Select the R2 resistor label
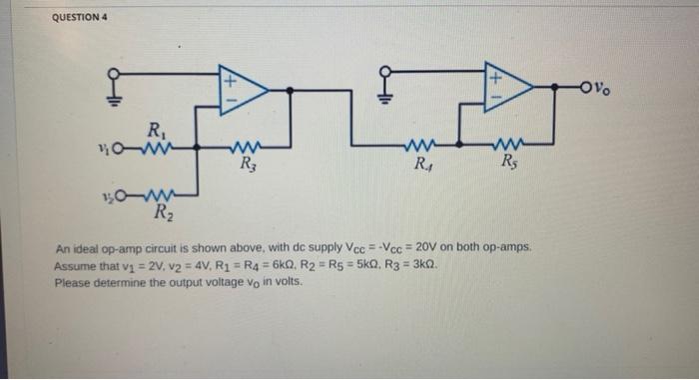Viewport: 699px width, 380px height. [x=161, y=210]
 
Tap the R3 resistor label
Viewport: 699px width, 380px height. [x=246, y=167]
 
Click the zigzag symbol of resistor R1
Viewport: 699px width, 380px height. [x=153, y=150]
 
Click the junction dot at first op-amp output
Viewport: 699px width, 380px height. [x=290, y=90]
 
